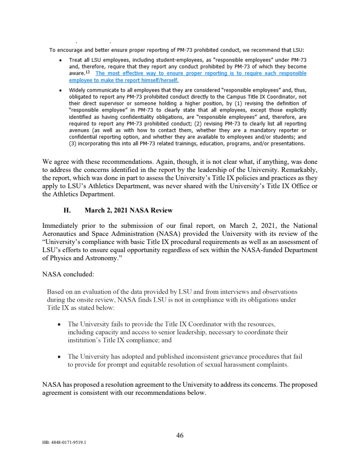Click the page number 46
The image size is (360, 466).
(180, 435)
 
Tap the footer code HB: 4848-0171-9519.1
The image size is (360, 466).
(64, 442)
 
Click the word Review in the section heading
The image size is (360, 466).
(162, 210)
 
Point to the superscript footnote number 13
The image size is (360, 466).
(88, 72)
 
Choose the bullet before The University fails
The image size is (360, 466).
(60, 324)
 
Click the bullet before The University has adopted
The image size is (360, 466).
(60, 357)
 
